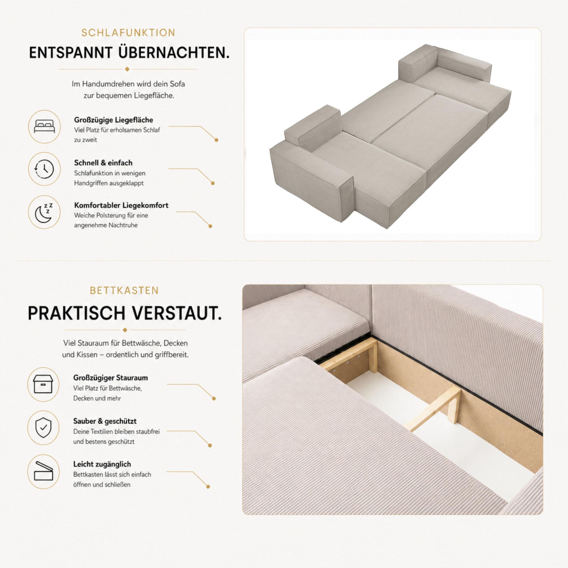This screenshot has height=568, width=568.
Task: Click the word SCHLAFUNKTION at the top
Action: point(128,33)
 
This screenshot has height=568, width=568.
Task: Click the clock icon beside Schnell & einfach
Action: point(44,169)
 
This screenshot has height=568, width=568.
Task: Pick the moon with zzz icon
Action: point(44,212)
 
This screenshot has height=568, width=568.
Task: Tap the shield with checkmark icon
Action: point(43,428)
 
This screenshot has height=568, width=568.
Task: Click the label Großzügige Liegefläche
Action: point(114,120)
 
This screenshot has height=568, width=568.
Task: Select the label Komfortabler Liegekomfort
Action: point(121,205)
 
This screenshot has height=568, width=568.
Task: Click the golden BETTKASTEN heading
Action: point(124,291)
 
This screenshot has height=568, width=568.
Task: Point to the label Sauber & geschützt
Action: point(105,421)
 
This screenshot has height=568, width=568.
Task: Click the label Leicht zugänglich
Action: point(102,464)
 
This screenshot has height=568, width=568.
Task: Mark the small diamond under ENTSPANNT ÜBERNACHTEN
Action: point(127,69)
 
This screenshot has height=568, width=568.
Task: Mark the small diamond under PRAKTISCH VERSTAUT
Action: point(125,330)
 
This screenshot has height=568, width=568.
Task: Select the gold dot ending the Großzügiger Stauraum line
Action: point(214,399)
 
